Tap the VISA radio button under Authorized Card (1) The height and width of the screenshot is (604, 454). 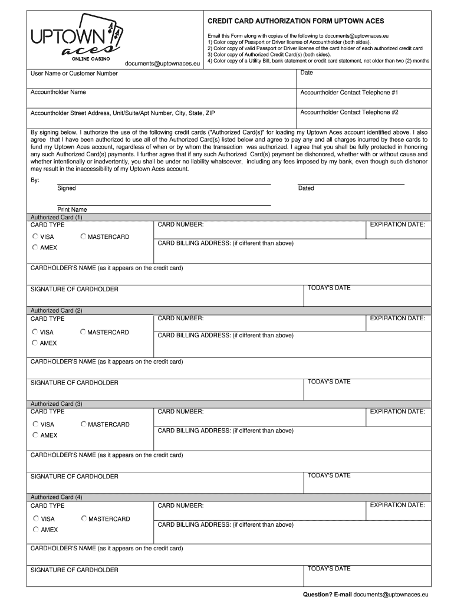(35, 237)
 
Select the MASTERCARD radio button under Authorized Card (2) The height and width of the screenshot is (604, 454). (83, 332)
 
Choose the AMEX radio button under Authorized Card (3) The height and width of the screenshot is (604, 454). (35, 435)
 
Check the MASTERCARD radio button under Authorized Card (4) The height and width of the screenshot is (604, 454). (84, 518)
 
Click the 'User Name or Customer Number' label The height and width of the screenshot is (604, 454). (74, 74)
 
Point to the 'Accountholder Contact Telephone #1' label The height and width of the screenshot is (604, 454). (349, 93)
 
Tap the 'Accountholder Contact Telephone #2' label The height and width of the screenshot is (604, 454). (349, 112)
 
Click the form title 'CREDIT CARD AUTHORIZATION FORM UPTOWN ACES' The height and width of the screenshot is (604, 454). (295, 21)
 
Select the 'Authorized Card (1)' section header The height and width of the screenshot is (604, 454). (57, 217)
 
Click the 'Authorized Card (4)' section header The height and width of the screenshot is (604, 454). (57, 497)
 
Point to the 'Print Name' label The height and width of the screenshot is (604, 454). (72, 209)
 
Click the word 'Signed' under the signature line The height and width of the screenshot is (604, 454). (66, 188)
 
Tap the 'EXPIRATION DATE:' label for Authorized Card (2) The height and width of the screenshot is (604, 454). (397, 319)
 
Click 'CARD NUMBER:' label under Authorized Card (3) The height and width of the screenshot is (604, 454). (180, 412)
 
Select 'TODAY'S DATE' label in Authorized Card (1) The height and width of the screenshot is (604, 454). (329, 288)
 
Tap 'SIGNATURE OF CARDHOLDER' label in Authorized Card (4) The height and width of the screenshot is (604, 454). (74, 570)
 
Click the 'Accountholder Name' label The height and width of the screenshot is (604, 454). (58, 92)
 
